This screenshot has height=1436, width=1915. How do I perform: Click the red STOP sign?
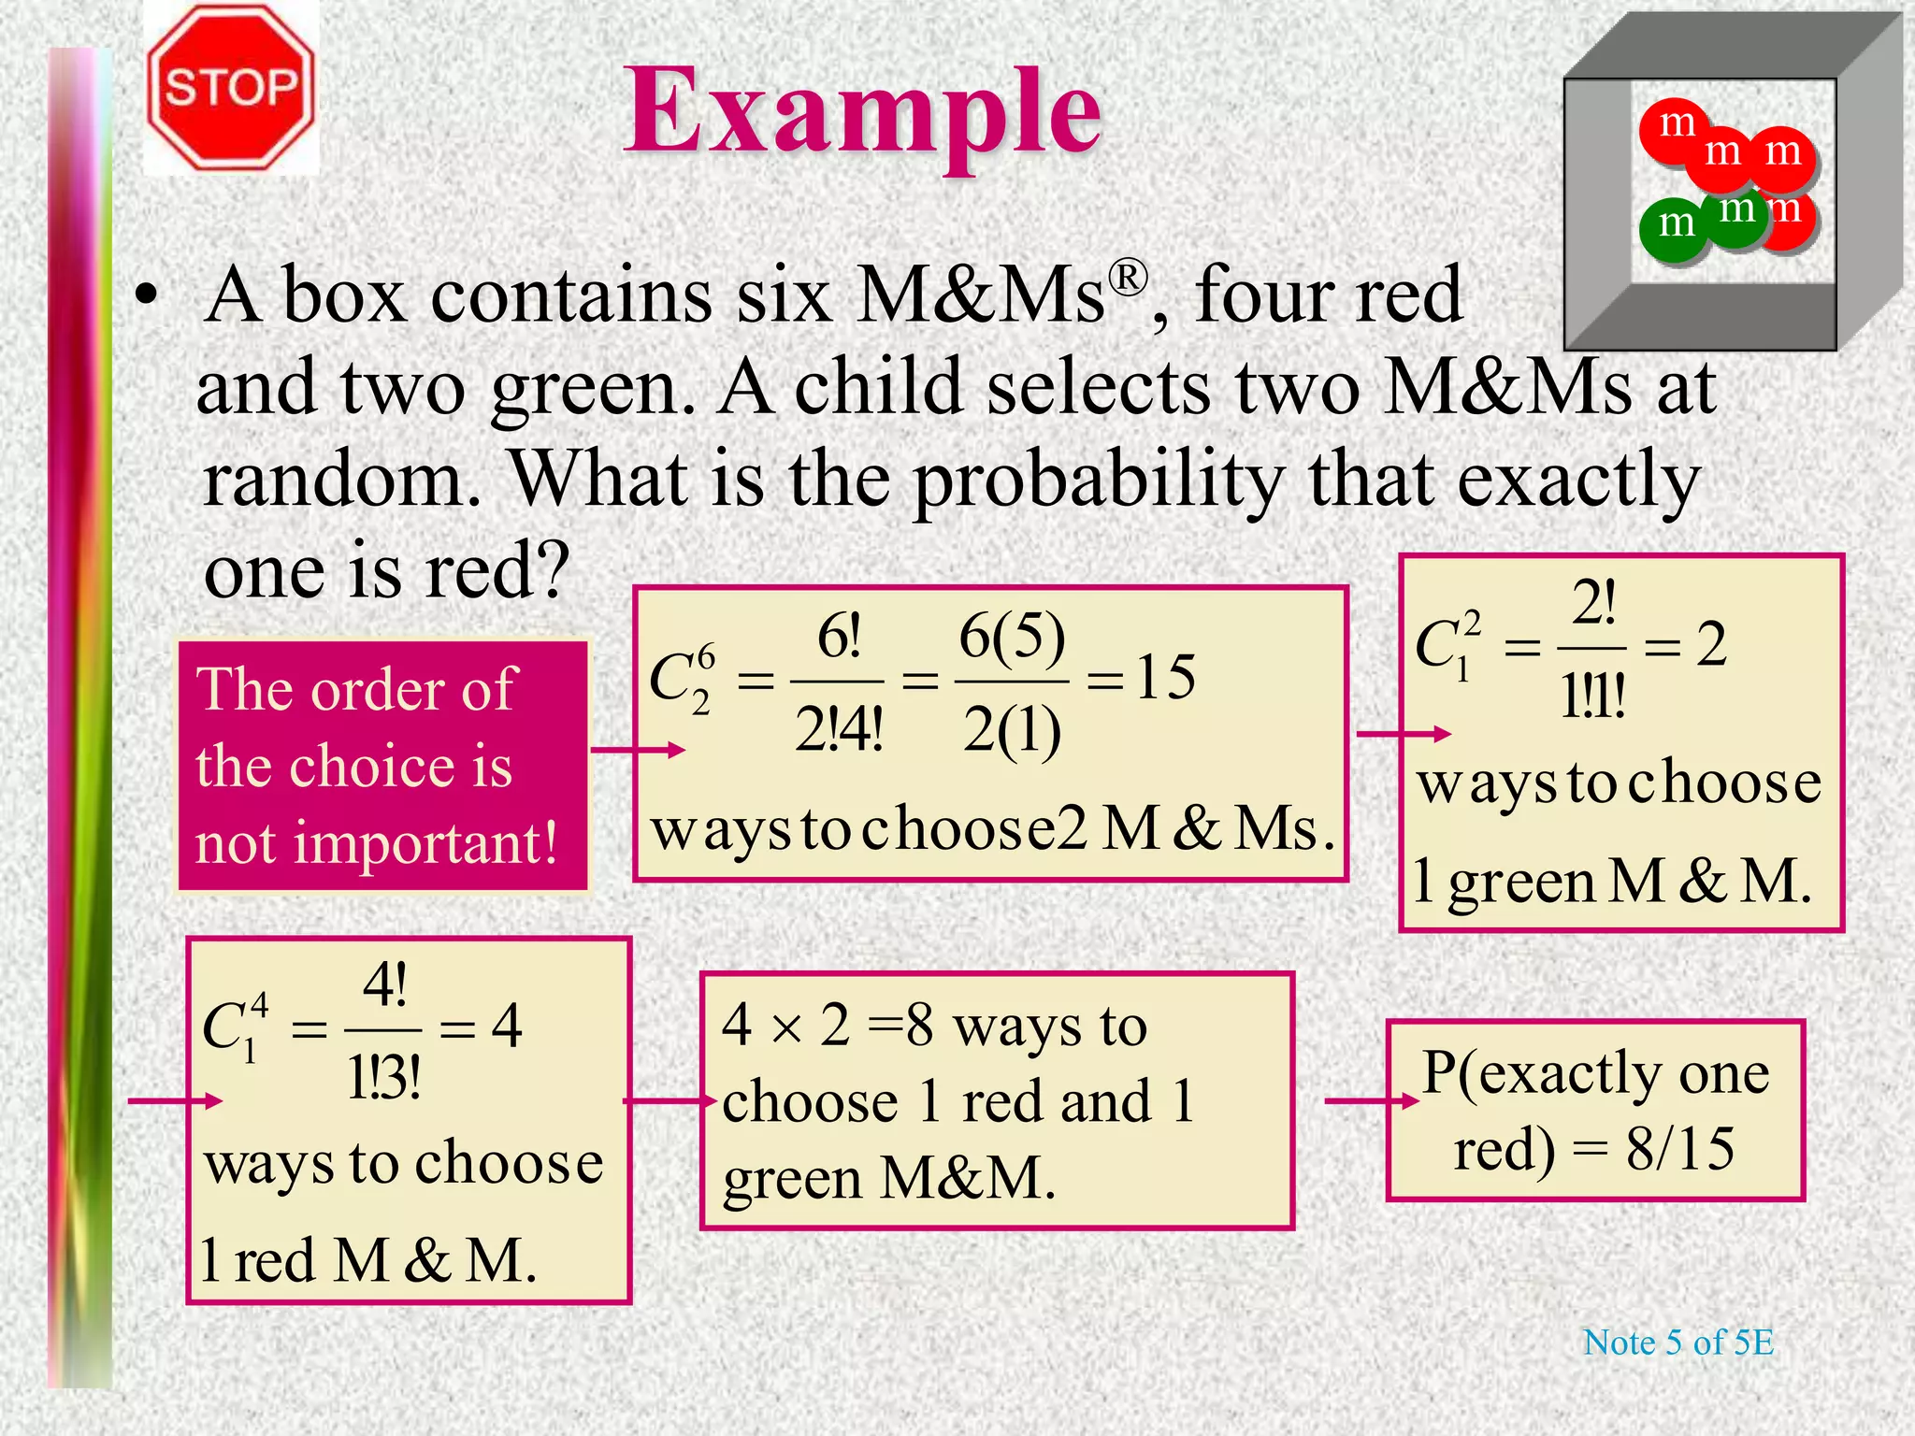tap(231, 88)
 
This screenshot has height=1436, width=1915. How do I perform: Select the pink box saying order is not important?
tap(382, 766)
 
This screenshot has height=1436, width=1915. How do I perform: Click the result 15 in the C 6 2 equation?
tap(1165, 677)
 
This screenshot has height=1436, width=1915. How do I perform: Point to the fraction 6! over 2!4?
tap(838, 684)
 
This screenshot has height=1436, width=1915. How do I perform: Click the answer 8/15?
tap(1680, 1149)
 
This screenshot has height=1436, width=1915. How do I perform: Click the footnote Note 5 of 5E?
tap(1677, 1343)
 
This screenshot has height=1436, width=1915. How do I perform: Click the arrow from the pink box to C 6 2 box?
tap(638, 750)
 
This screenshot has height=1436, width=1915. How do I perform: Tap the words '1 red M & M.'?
tap(368, 1260)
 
